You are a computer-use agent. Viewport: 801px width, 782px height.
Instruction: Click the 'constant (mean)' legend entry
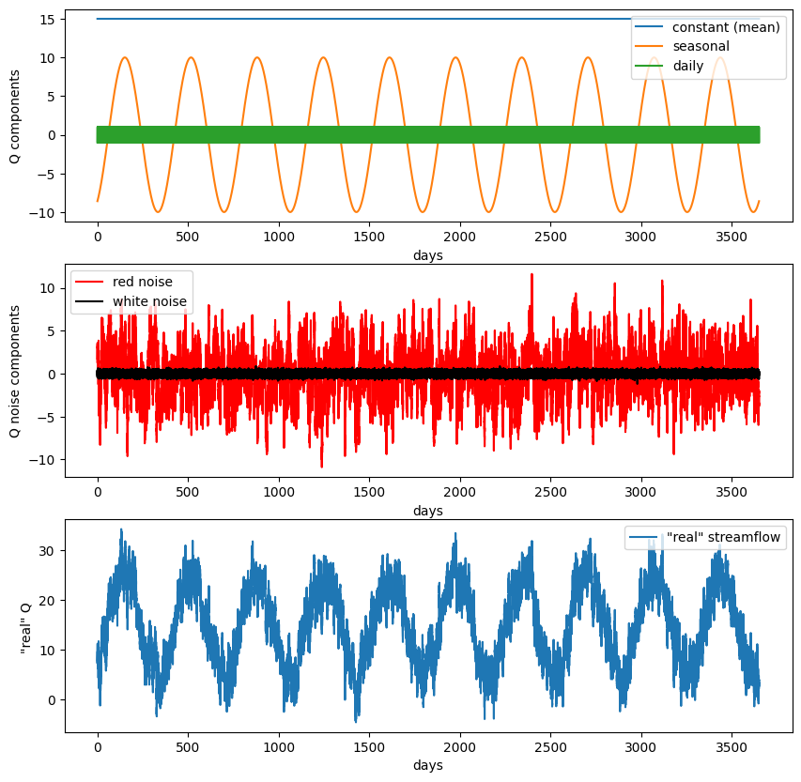(726, 27)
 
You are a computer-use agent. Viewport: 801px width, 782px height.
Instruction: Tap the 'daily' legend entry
(688, 66)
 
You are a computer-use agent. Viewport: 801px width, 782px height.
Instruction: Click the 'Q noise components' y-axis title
(15, 373)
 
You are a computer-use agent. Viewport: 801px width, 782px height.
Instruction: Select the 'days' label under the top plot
(427, 255)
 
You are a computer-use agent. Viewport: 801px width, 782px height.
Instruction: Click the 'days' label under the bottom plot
(427, 766)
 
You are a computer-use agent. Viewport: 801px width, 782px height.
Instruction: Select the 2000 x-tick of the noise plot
(460, 493)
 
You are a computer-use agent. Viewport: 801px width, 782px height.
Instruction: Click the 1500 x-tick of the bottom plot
(369, 748)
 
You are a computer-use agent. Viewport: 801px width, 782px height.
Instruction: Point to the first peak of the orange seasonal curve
(124, 57)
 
